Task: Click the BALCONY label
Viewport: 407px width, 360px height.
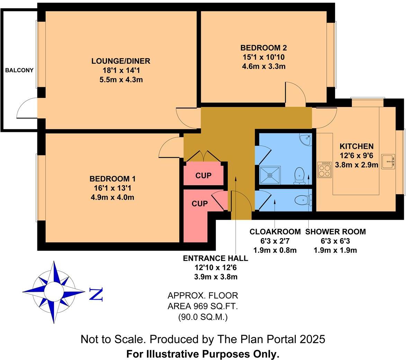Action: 19,70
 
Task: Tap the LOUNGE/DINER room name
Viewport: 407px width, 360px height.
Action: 121,61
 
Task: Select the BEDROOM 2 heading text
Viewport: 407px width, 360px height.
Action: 264,48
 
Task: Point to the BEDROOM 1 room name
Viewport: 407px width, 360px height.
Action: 112,179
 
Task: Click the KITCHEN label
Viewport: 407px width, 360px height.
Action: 356,146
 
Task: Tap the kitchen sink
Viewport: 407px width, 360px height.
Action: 388,162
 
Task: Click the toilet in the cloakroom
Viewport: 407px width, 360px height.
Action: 303,200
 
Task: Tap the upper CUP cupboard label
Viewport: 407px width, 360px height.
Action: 203,175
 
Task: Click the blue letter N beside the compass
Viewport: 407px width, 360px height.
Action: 96,294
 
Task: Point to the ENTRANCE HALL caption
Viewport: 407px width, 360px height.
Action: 215,259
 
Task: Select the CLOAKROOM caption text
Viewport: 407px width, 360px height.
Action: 275,232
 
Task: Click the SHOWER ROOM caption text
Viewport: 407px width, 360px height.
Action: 335,232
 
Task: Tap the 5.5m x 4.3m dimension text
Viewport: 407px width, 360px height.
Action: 121,80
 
